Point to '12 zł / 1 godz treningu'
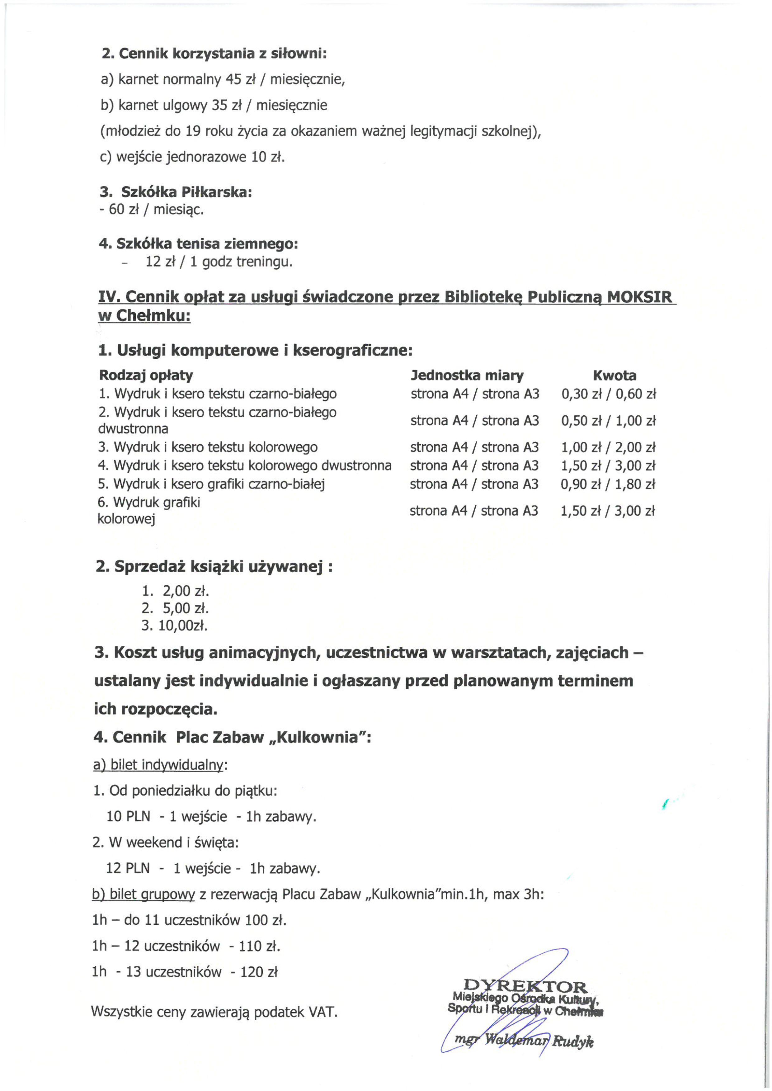tap(219, 262)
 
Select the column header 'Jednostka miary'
tap(467, 375)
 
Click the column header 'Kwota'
tap(614, 375)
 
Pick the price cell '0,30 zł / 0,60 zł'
tap(609, 394)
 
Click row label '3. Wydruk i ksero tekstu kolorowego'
tap(208, 447)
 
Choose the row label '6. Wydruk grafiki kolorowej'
tap(149, 511)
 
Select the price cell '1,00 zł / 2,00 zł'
tap(608, 447)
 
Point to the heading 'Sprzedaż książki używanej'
tap(214, 567)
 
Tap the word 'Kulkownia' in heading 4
tap(317, 737)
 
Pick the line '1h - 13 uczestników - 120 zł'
tap(185, 972)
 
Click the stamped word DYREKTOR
tap(525, 986)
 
